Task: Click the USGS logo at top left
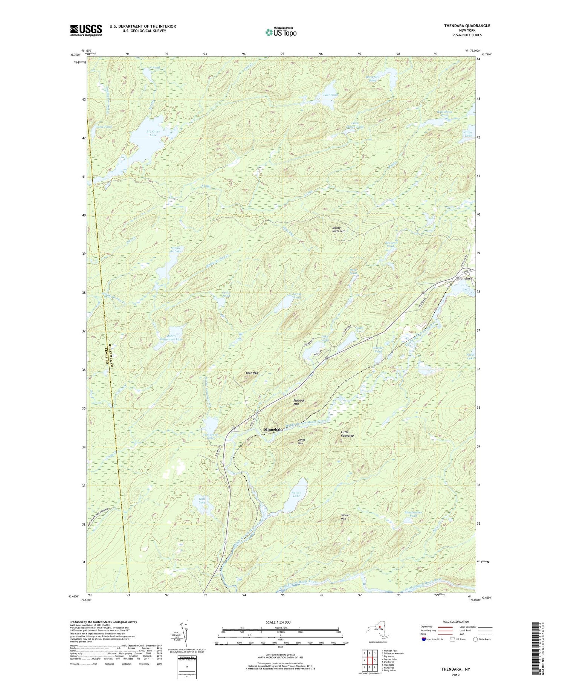click(86, 30)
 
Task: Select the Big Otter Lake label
click(153, 133)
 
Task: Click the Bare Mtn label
click(252, 373)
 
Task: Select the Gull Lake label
click(202, 501)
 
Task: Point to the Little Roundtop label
click(347, 434)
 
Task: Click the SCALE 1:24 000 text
click(281, 622)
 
